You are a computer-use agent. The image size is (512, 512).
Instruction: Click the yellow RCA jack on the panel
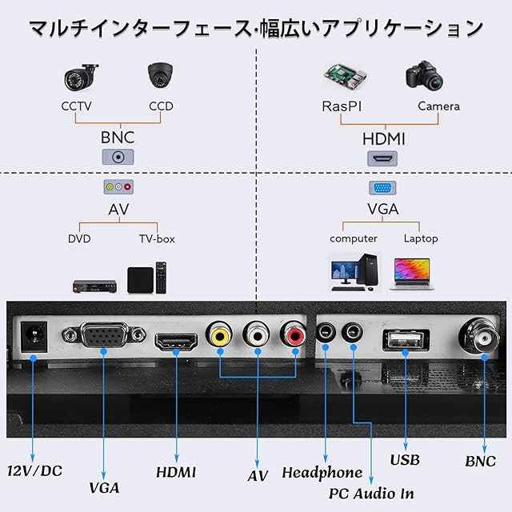coord(219,334)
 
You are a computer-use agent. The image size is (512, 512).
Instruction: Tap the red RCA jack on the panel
coord(294,334)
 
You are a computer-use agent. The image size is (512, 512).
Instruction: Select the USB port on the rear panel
coord(406,340)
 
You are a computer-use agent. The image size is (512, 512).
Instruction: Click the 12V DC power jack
coord(34,337)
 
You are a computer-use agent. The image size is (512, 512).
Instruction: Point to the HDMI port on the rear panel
coord(176,342)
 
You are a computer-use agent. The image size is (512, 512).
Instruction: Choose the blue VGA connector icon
coord(382,188)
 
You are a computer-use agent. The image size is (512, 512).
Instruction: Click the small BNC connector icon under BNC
coord(118,157)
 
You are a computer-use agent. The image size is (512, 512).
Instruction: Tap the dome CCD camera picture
coord(160,74)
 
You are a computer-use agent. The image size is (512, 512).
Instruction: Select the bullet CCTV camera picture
coord(81,77)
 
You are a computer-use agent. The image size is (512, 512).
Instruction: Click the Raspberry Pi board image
coord(346,77)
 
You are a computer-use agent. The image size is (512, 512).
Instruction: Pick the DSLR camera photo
coord(424,75)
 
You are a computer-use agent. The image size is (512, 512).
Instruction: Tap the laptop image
coord(412,274)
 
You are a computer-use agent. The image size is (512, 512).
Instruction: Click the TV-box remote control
coord(161,278)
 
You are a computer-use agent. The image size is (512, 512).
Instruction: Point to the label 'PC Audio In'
coord(371,494)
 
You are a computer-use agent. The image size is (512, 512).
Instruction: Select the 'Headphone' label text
coord(322,473)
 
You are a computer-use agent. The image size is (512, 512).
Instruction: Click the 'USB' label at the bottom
coord(405,460)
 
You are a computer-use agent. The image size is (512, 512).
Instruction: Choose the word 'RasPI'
coord(342,106)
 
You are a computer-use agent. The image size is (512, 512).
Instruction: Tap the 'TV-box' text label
coord(157,238)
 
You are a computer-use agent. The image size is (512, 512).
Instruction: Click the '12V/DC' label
coord(34,471)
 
